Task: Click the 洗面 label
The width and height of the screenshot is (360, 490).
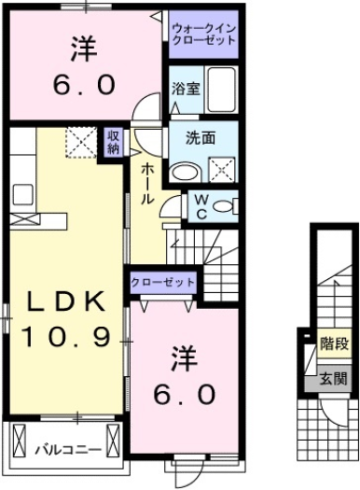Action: click(x=200, y=137)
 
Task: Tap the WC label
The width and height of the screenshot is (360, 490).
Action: click(x=202, y=204)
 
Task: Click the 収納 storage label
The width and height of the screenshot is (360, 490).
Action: click(x=113, y=142)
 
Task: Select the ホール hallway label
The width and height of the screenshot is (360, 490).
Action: click(x=148, y=184)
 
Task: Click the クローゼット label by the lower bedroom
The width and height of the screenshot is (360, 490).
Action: click(x=163, y=281)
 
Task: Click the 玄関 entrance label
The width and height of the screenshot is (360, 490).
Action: click(x=331, y=378)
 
